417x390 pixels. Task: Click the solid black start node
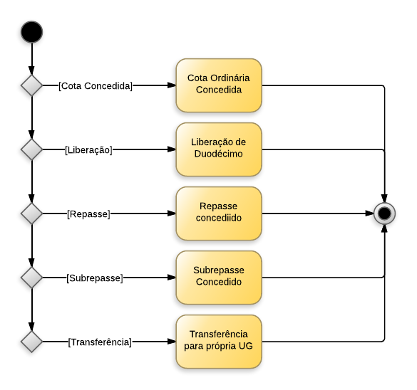(31, 32)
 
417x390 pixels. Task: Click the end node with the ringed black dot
(385, 213)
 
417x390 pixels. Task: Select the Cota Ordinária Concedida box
(219, 85)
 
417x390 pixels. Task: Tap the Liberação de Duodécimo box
(219, 149)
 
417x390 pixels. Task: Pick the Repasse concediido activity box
(219, 213)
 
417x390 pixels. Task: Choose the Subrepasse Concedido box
(219, 277)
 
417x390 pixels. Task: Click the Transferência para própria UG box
(219, 341)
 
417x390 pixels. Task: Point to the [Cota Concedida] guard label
(96, 85)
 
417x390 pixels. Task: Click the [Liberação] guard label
(88, 149)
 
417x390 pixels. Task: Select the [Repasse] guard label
(88, 214)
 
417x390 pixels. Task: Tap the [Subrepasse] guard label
(94, 278)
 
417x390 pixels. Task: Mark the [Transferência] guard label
(100, 342)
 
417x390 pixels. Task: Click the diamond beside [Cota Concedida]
(31, 85)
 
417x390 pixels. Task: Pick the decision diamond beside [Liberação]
(31, 149)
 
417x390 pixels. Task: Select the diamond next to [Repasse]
(31, 214)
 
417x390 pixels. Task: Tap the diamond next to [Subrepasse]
(31, 278)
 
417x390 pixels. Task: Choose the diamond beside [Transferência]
(31, 342)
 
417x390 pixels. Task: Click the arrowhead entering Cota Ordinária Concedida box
(172, 85)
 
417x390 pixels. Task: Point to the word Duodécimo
(219, 154)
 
